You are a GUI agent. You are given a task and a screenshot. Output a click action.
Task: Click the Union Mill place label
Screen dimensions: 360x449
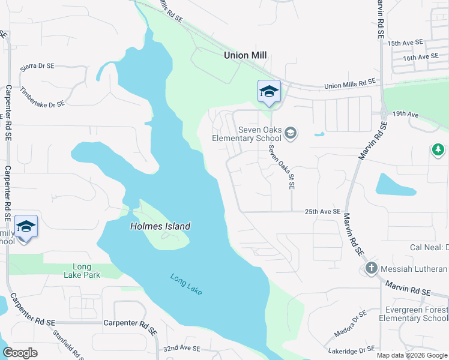(245, 55)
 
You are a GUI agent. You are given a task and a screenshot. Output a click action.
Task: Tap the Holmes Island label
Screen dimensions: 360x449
(160, 226)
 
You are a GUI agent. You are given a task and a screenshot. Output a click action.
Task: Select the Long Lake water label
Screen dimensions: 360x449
(186, 284)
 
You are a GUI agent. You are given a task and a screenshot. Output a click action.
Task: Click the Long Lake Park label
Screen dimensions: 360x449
(82, 271)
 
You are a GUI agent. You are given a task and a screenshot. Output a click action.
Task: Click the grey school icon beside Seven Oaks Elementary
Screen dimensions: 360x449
(291, 133)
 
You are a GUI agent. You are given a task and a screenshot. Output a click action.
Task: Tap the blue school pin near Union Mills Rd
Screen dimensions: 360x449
(269, 92)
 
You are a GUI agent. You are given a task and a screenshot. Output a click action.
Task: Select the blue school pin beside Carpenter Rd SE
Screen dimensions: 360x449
(26, 227)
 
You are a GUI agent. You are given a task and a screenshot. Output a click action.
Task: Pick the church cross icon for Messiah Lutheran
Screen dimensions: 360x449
(370, 268)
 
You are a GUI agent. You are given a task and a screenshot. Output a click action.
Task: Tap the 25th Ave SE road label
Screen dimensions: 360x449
(322, 212)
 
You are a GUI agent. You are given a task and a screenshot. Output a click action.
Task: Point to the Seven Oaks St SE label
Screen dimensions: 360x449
(282, 167)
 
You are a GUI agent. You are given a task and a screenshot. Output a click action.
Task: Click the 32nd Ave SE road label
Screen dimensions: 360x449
(185, 348)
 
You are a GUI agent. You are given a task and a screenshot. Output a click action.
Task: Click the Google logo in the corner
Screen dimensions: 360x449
(20, 353)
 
